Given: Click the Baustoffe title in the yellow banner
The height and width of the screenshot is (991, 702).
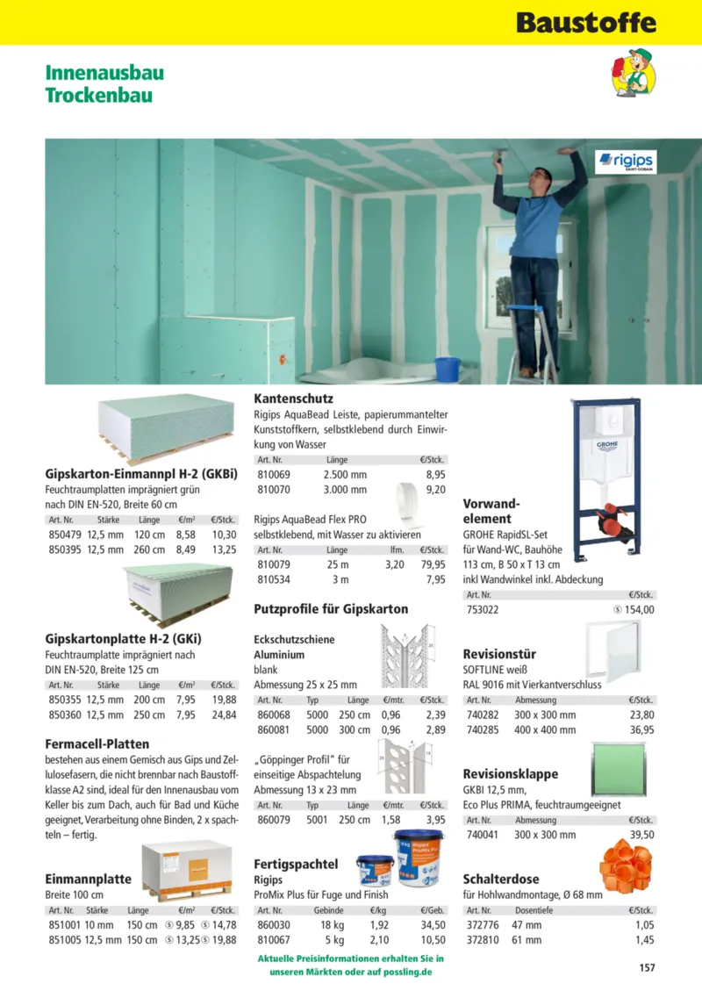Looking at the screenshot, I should coord(585,22).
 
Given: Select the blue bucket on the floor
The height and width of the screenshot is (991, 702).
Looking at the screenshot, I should coord(447,369).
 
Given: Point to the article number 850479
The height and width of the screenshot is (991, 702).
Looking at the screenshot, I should coord(64,534).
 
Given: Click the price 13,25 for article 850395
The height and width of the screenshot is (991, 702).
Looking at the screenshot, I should coord(224,549).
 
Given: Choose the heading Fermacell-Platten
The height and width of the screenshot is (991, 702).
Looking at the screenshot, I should coord(97,743).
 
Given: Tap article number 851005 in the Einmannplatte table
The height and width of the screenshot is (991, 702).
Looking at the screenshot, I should coord(64,939).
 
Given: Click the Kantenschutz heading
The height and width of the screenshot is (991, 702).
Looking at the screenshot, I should coord(293,399).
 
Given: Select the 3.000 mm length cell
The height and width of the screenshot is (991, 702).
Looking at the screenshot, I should coord(345,490).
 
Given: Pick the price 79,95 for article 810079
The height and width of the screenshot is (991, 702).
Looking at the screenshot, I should coord(433,564).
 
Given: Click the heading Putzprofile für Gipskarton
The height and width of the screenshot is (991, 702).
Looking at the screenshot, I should coord(331,608).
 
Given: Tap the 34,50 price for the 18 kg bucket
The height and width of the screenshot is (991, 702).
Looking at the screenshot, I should coord(433,924).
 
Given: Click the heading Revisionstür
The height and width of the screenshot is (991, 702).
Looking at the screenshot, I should coord(499,654).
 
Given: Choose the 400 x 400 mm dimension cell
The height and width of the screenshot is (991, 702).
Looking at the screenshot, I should coord(545,729).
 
